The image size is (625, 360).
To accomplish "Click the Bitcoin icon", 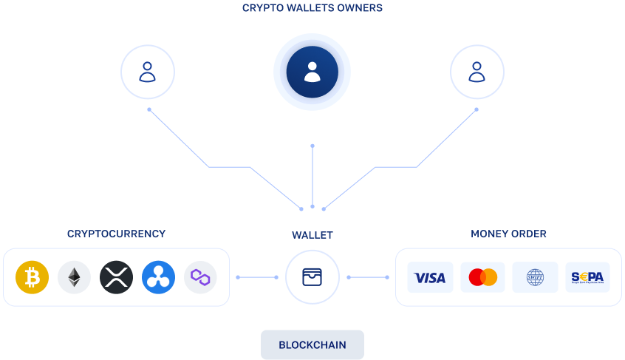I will [32, 277].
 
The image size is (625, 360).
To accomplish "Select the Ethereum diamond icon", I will [74, 277].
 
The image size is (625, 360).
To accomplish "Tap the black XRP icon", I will [116, 277].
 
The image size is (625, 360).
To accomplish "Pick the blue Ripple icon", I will [158, 277].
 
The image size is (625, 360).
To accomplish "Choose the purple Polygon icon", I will [200, 277].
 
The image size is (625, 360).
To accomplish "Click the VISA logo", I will [430, 277].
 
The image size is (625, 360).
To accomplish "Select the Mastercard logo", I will [482, 277].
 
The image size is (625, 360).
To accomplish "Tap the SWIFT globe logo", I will [535, 277].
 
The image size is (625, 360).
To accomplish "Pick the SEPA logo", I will [587, 277].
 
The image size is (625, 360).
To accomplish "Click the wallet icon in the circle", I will [312, 277].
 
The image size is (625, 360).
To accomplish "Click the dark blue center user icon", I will [312, 72].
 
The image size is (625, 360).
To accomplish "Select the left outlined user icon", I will [148, 72].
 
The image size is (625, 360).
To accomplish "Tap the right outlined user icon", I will [477, 72].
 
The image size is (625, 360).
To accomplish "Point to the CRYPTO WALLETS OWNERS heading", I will [312, 9].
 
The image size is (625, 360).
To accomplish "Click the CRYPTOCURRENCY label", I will [116, 234].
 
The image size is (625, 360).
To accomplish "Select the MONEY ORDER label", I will [508, 234].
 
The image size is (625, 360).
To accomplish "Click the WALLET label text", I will [312, 235].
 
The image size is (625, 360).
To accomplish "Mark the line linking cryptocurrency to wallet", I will [257, 277].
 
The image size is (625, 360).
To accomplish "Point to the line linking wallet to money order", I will [368, 277].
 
